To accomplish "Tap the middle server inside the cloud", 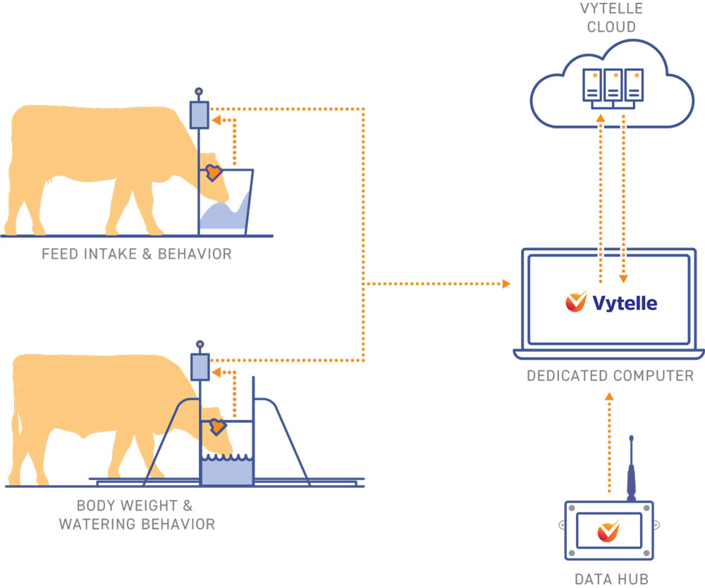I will coord(612,84).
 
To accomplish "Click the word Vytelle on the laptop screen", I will coord(625,303).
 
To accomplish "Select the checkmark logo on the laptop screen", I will coord(576,302).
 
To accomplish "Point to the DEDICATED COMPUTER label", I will coord(610,376).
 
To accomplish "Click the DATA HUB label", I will coord(611,580).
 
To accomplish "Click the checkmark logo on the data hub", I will coord(608,530).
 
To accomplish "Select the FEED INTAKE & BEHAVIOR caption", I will coord(136,254).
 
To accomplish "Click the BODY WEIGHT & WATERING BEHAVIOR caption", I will coord(136,515).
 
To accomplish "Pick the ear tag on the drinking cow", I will coord(216,427).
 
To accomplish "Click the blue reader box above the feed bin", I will coord(199,115).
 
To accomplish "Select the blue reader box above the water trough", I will coord(200,367).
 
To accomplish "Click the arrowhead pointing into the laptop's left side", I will coord(506,284).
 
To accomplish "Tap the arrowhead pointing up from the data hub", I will coord(610,397).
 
